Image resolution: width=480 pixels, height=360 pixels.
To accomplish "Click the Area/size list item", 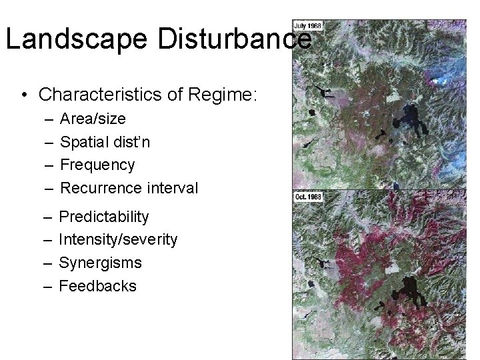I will [x=93, y=119].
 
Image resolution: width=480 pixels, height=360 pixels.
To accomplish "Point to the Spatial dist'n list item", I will [x=105, y=141].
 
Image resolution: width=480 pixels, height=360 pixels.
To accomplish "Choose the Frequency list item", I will [x=97, y=165].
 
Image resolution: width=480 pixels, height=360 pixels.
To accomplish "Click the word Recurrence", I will [x=99, y=188].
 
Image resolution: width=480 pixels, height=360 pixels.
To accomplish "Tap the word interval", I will [x=169, y=188].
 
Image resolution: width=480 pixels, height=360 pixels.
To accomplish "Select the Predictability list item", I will [x=104, y=217].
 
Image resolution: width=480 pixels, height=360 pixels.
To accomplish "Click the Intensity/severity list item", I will [x=118, y=239].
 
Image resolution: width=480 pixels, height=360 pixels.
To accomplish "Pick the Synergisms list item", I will [x=101, y=263].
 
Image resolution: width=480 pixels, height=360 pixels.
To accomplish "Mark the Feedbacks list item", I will [x=97, y=286].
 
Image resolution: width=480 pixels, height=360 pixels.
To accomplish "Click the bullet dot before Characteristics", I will [x=24, y=95].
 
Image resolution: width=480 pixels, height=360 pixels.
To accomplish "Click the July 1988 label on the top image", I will [x=308, y=25].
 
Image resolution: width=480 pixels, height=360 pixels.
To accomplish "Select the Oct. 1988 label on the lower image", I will [x=309, y=197].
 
